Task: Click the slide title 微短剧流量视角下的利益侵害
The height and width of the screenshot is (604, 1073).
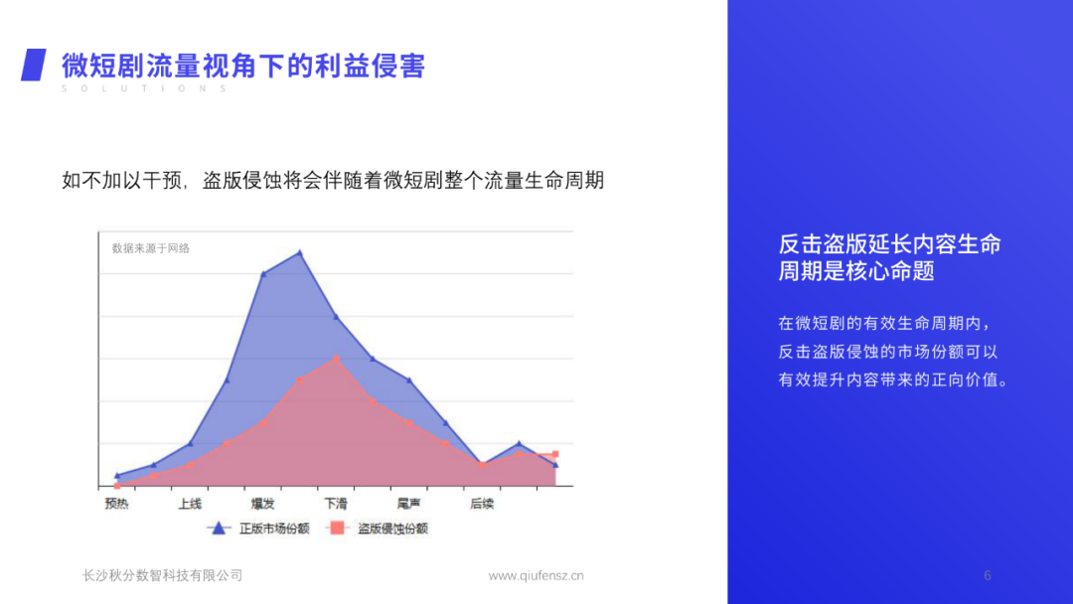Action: tap(243, 66)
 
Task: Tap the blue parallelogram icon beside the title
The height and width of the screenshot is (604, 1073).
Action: tap(34, 65)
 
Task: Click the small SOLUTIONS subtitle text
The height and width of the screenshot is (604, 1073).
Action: tap(144, 89)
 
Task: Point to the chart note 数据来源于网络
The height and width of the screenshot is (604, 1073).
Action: tap(151, 248)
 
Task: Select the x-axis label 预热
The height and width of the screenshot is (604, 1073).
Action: tap(116, 505)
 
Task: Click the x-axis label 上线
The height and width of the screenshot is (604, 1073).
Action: tap(190, 505)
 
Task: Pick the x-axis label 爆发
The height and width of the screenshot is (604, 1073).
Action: tap(262, 505)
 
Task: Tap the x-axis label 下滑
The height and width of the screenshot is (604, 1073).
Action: tap(336, 505)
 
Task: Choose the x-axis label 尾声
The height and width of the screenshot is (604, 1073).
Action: tap(408, 505)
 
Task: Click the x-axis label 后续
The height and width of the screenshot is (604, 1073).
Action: tap(482, 505)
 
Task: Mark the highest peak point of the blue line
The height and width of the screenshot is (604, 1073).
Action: tap(300, 252)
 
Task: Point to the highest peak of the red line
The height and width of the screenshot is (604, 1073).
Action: tap(337, 359)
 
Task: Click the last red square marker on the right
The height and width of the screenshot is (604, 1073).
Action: tap(555, 454)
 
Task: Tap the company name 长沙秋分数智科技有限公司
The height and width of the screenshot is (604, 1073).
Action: tap(162, 575)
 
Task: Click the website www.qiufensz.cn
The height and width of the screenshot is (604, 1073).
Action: tap(536, 575)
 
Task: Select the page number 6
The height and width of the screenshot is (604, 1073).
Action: tap(988, 575)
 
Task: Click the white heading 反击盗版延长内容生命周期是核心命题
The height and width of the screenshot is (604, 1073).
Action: tap(889, 257)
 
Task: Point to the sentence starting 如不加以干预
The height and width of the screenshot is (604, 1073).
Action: tap(333, 181)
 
